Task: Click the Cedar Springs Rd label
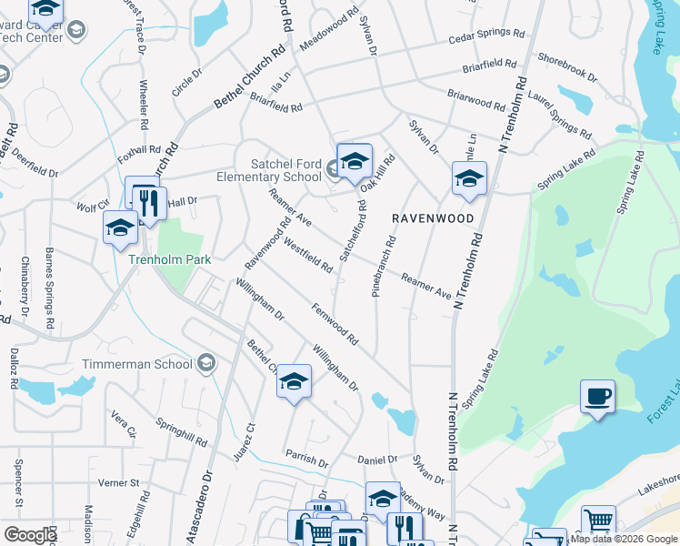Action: [x=487, y=37]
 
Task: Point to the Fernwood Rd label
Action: [x=334, y=324]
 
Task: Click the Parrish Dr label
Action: [x=305, y=458]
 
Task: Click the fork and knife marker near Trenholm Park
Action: [x=145, y=203]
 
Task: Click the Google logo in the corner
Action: [x=30, y=535]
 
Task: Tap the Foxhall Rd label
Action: [x=139, y=154]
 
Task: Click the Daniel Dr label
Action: [x=378, y=460]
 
